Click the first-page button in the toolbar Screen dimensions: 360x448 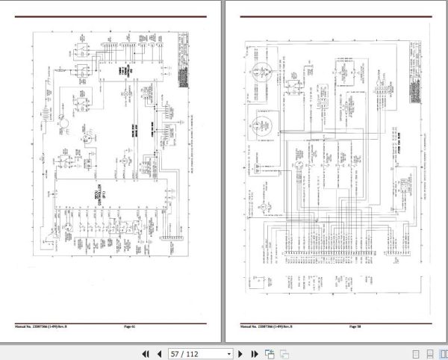pyautogui.click(x=146, y=353)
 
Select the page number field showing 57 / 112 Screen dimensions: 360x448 pyautogui.click(x=196, y=353)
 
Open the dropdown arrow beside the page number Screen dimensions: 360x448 pyautogui.click(x=228, y=353)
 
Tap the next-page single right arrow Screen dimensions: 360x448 pyautogui.click(x=240, y=353)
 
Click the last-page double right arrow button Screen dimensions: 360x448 pyautogui.click(x=254, y=353)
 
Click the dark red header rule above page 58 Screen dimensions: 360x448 pyautogui.click(x=336, y=16)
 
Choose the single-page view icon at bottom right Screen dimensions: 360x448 pyautogui.click(x=416, y=353)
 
